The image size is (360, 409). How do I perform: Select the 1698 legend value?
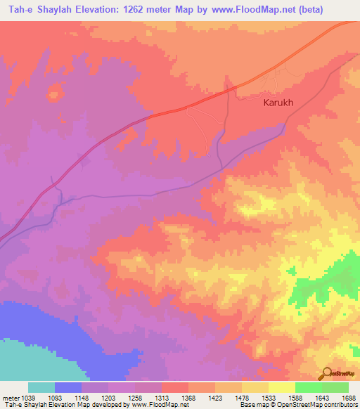point(349,398)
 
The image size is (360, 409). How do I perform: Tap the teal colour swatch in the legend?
point(41,387)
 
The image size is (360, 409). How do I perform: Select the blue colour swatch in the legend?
point(68,387)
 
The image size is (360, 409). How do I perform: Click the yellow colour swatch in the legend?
point(282,387)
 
